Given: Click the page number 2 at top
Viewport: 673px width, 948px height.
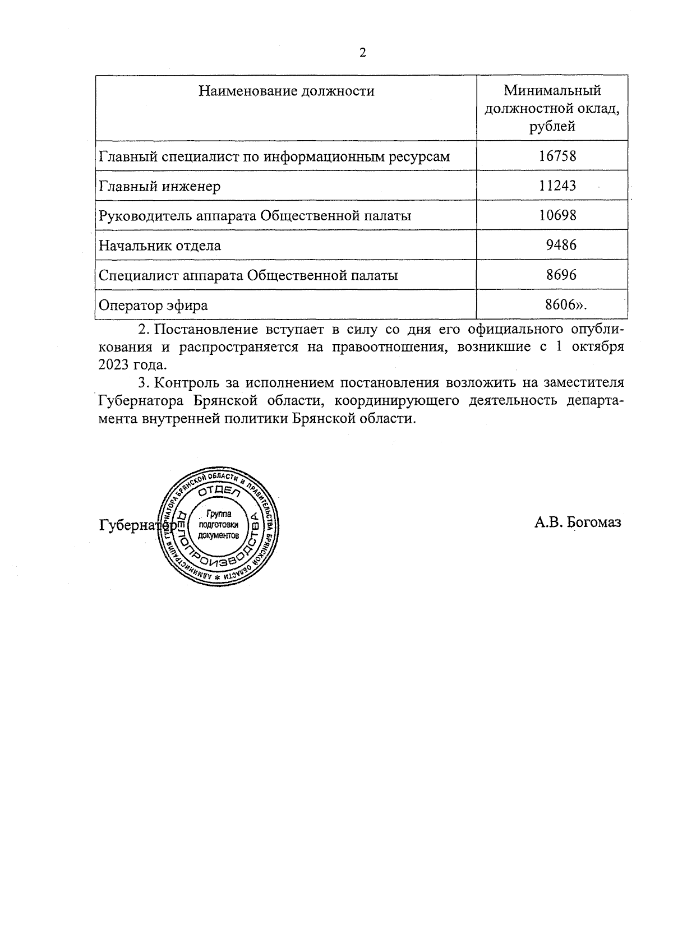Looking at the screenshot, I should [363, 53].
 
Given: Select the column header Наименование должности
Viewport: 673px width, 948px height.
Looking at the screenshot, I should [286, 91].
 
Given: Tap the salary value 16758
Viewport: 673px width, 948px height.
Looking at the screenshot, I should [557, 156].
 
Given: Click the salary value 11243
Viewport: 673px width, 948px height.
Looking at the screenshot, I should [557, 186].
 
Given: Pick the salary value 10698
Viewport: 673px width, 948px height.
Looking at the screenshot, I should [557, 215].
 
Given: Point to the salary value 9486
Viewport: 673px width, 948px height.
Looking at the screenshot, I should [561, 245].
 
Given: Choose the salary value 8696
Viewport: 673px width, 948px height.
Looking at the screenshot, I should [561, 275].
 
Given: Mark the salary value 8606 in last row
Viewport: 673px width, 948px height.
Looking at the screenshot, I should [561, 304].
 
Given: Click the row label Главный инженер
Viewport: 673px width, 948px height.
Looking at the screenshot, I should [159, 186].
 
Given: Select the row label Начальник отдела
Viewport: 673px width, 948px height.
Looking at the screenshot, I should [160, 246].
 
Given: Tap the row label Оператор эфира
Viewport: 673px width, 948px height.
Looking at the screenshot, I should [153, 306].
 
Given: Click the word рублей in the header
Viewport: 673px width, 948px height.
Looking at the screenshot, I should [552, 126].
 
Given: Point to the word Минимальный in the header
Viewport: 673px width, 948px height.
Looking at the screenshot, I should [552, 90].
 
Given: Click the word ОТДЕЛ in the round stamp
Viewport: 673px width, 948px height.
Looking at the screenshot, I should [219, 492].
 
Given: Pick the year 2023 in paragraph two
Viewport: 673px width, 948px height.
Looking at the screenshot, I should [114, 364].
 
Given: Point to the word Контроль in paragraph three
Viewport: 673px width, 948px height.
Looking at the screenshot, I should [183, 383].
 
